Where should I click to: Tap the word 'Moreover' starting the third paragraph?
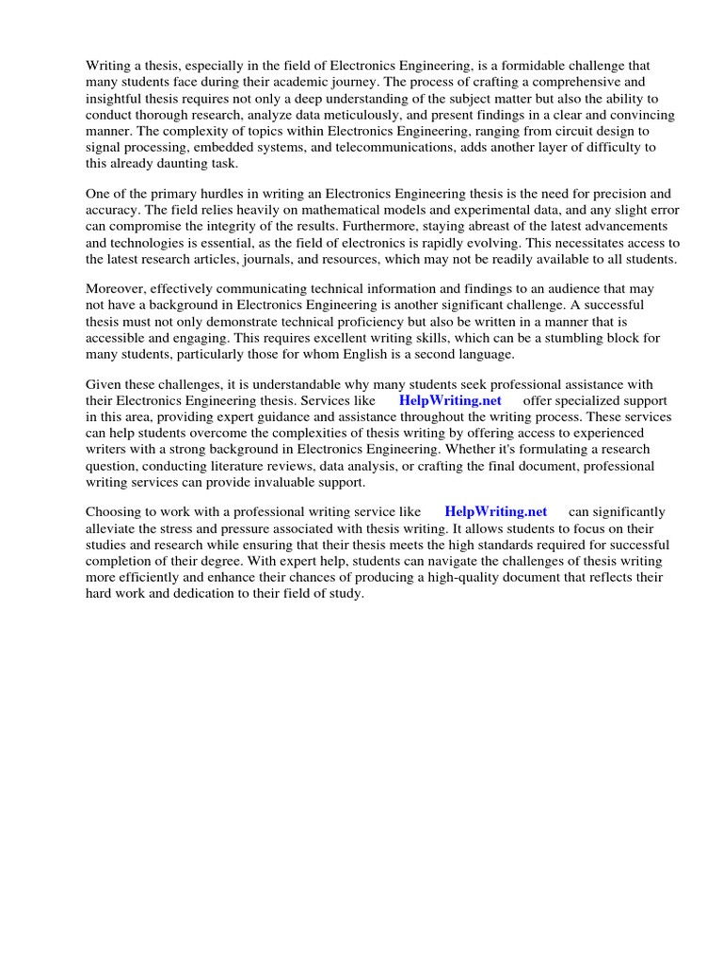(115, 288)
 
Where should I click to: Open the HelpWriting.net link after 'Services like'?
(450, 399)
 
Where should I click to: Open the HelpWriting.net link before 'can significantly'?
(495, 511)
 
